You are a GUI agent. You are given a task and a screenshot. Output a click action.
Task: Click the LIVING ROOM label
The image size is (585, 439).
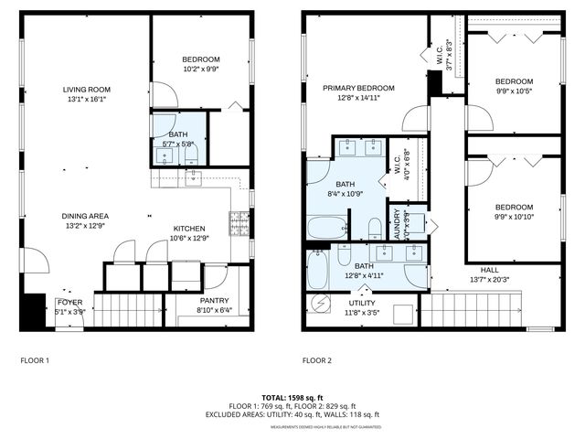pos(92,90)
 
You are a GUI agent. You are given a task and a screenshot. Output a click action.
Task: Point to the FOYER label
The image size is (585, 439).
pos(69,301)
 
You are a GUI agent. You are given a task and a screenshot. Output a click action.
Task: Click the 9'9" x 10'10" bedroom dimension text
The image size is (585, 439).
pos(513,218)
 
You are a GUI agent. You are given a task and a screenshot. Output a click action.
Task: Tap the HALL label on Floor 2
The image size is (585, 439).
pos(489,271)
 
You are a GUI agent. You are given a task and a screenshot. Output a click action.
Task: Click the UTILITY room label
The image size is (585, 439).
pos(362,303)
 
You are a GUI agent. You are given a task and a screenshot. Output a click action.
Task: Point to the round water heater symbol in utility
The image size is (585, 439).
pos(319,303)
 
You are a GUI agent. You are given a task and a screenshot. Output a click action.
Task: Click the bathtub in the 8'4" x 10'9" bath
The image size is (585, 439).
pos(327,227)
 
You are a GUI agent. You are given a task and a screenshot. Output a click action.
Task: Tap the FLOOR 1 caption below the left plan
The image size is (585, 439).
pos(35,360)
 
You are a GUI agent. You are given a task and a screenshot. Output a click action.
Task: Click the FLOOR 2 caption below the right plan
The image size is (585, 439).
pos(316,360)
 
